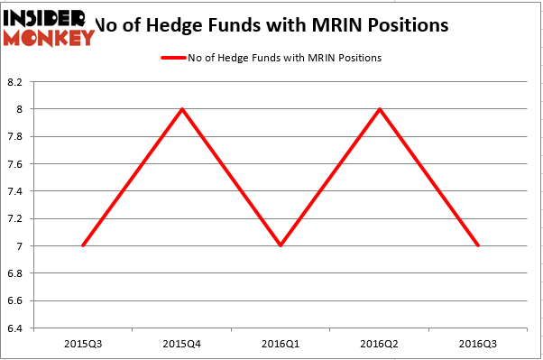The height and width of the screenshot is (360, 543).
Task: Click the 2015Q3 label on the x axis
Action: [83, 344]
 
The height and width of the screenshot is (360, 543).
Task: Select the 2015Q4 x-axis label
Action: [182, 344]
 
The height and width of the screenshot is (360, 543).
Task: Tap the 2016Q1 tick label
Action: [281, 344]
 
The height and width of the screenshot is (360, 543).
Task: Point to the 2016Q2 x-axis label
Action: [380, 344]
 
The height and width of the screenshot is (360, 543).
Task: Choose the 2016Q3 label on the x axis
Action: [478, 344]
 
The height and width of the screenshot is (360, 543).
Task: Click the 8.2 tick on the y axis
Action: [17, 82]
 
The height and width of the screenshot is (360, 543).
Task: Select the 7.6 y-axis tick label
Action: [17, 164]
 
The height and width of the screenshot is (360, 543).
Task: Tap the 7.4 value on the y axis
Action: [17, 191]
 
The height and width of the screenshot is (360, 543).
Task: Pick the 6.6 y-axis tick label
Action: [17, 300]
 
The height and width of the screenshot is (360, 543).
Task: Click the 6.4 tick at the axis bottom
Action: [17, 328]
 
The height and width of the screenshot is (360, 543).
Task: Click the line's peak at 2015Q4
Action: [182, 109]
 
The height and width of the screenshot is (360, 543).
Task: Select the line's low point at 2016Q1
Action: [281, 245]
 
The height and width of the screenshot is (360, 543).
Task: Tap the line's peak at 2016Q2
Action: [380, 109]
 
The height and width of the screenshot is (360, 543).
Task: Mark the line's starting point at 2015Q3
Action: [83, 245]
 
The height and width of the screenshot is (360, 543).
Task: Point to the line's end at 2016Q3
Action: [478, 245]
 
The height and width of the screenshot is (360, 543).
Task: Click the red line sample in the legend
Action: [174, 58]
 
